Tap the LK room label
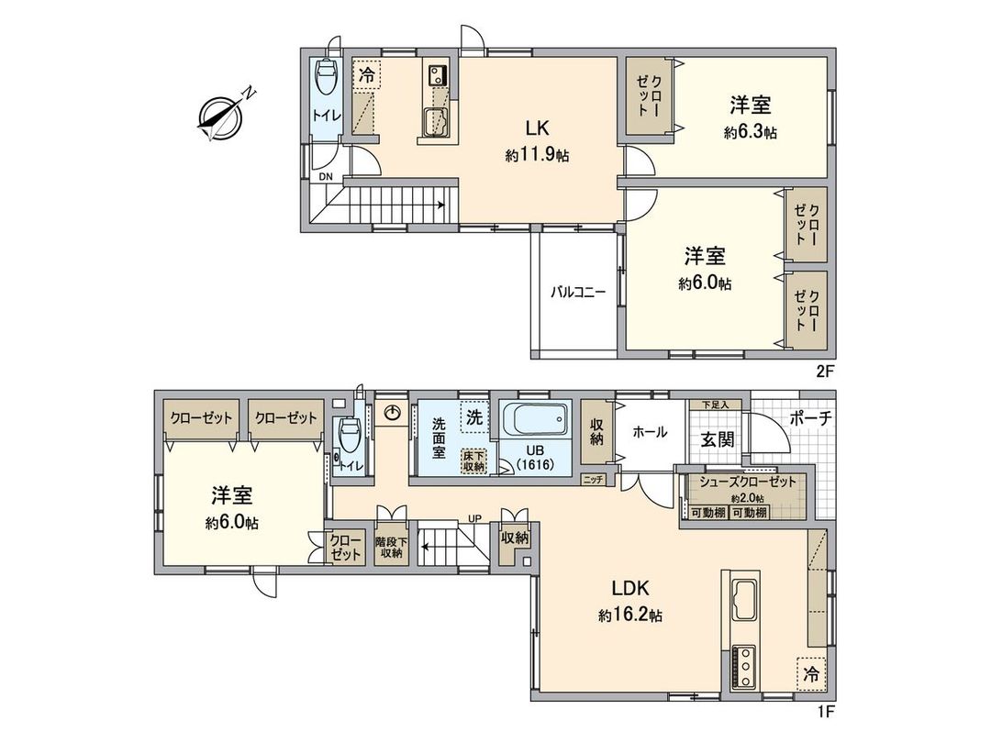[x=536, y=128]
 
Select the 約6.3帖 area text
[x=751, y=133]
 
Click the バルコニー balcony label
[x=577, y=293]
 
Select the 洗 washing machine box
[x=473, y=416]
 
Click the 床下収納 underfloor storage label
[x=474, y=459]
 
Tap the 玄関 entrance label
[x=718, y=439]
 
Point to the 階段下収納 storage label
[x=390, y=547]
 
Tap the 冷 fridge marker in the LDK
[x=810, y=674]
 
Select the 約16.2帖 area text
[x=629, y=617]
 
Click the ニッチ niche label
[x=592, y=479]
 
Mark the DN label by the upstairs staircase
[x=326, y=177]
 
